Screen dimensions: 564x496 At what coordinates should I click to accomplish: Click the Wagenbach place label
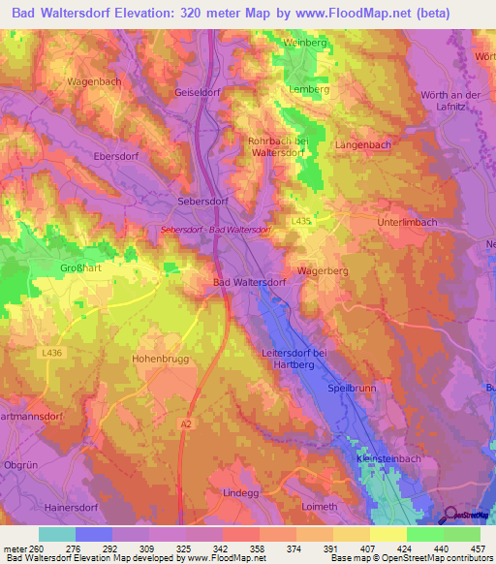click(x=94, y=81)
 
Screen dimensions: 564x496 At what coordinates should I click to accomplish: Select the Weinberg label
click(x=304, y=43)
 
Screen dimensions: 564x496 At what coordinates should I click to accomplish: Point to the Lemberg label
click(x=309, y=89)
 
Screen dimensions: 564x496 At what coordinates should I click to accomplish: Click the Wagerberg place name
click(x=323, y=271)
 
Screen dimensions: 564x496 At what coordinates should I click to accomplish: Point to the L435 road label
click(x=301, y=221)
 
